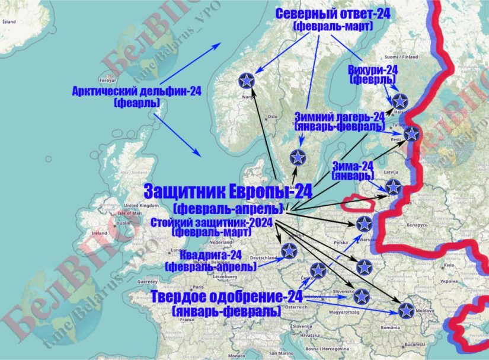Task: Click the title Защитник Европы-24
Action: click(x=228, y=192)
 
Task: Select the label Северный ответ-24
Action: click(x=333, y=14)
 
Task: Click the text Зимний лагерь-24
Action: click(x=340, y=117)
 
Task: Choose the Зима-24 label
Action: click(x=353, y=167)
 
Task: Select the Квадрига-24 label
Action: click(x=212, y=256)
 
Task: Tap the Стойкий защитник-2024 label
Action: click(x=212, y=222)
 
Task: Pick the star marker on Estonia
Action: click(x=411, y=134)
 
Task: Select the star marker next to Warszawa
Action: click(x=364, y=224)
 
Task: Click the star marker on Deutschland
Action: click(x=289, y=251)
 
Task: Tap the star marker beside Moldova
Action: click(x=406, y=310)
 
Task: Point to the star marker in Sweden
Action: click(x=298, y=157)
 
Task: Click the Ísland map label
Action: click(x=9, y=21)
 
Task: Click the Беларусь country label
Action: click(x=417, y=225)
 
